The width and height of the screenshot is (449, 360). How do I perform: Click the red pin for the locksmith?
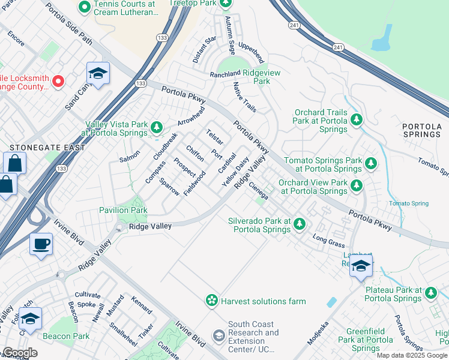(x=58, y=81)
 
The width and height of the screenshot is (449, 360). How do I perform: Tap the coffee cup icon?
(x=41, y=244)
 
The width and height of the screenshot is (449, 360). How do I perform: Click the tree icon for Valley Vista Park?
(x=156, y=127)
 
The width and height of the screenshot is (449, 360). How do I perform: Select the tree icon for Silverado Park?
(x=300, y=224)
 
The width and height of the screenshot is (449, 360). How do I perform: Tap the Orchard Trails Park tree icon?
(x=357, y=120)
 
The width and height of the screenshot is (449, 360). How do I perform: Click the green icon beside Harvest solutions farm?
(x=211, y=301)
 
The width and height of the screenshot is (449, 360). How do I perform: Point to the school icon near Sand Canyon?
(x=98, y=73)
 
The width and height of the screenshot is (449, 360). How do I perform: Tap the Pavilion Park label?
(x=123, y=211)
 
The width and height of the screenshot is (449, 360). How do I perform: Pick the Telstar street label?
(x=214, y=137)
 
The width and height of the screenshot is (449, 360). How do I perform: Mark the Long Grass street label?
(x=328, y=241)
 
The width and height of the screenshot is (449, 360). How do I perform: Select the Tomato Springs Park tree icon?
(x=371, y=163)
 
